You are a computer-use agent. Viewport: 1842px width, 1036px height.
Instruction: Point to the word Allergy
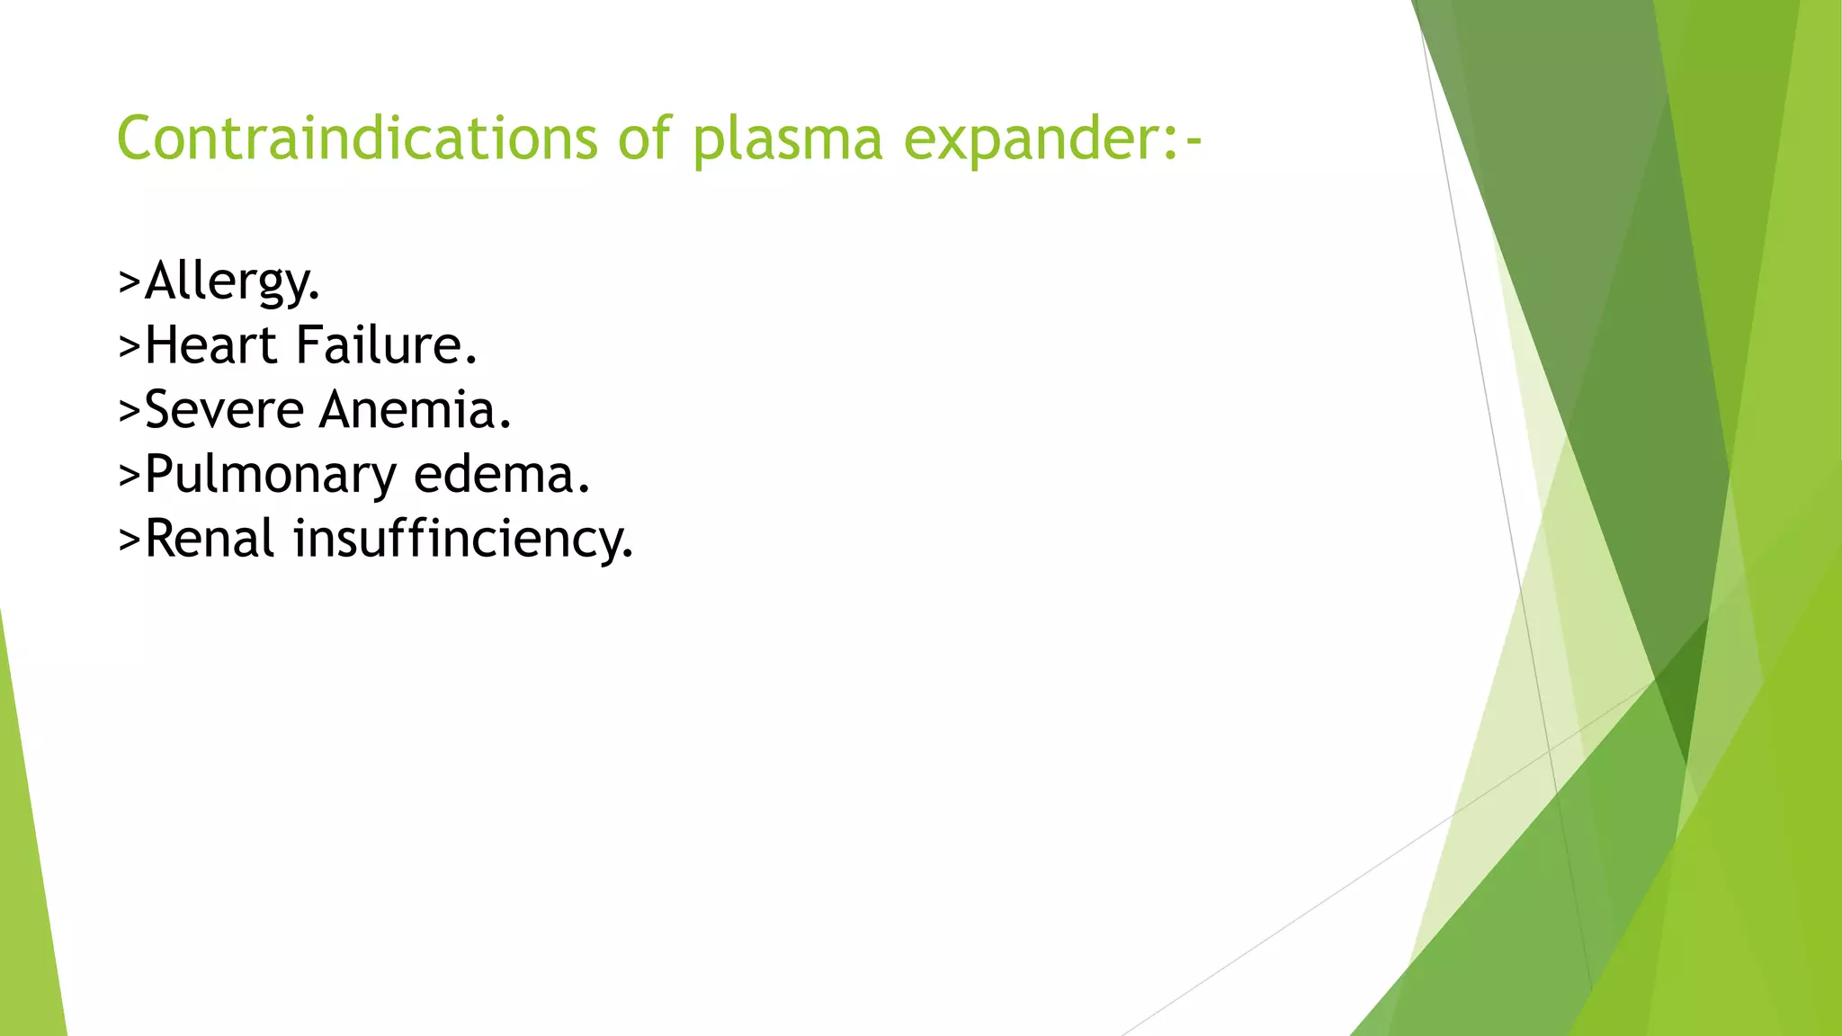pyautogui.click(x=232, y=281)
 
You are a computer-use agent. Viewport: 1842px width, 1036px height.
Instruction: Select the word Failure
pyautogui.click(x=387, y=344)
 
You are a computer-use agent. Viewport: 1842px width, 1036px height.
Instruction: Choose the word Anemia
pyautogui.click(x=415, y=409)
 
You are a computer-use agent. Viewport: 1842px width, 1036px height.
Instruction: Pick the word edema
pyautogui.click(x=501, y=474)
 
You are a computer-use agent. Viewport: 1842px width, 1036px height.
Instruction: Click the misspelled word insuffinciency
pyautogui.click(x=463, y=540)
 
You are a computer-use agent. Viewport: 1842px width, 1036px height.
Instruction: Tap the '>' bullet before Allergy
pyautogui.click(x=130, y=281)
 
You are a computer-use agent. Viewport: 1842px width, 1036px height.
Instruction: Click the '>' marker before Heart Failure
pyautogui.click(x=130, y=346)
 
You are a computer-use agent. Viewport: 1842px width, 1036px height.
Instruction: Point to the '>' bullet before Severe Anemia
pyautogui.click(x=130, y=411)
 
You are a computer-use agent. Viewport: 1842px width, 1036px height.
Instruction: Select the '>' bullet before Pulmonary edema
pyautogui.click(x=130, y=476)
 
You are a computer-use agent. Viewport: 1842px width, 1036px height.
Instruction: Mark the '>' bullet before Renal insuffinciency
pyautogui.click(x=130, y=540)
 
